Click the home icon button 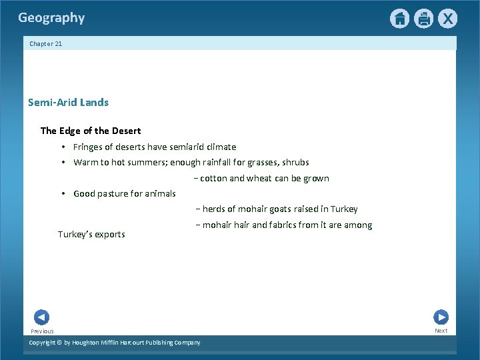(x=399, y=19)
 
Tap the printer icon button (x=423, y=19)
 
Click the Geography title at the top (x=51, y=18)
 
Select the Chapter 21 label (x=45, y=44)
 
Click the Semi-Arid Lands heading (x=68, y=103)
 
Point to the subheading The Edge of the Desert (x=91, y=131)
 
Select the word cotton (x=213, y=178)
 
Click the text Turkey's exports (x=91, y=235)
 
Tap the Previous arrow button (x=41, y=317)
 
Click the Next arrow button (x=441, y=317)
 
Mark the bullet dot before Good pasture (x=62, y=193)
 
